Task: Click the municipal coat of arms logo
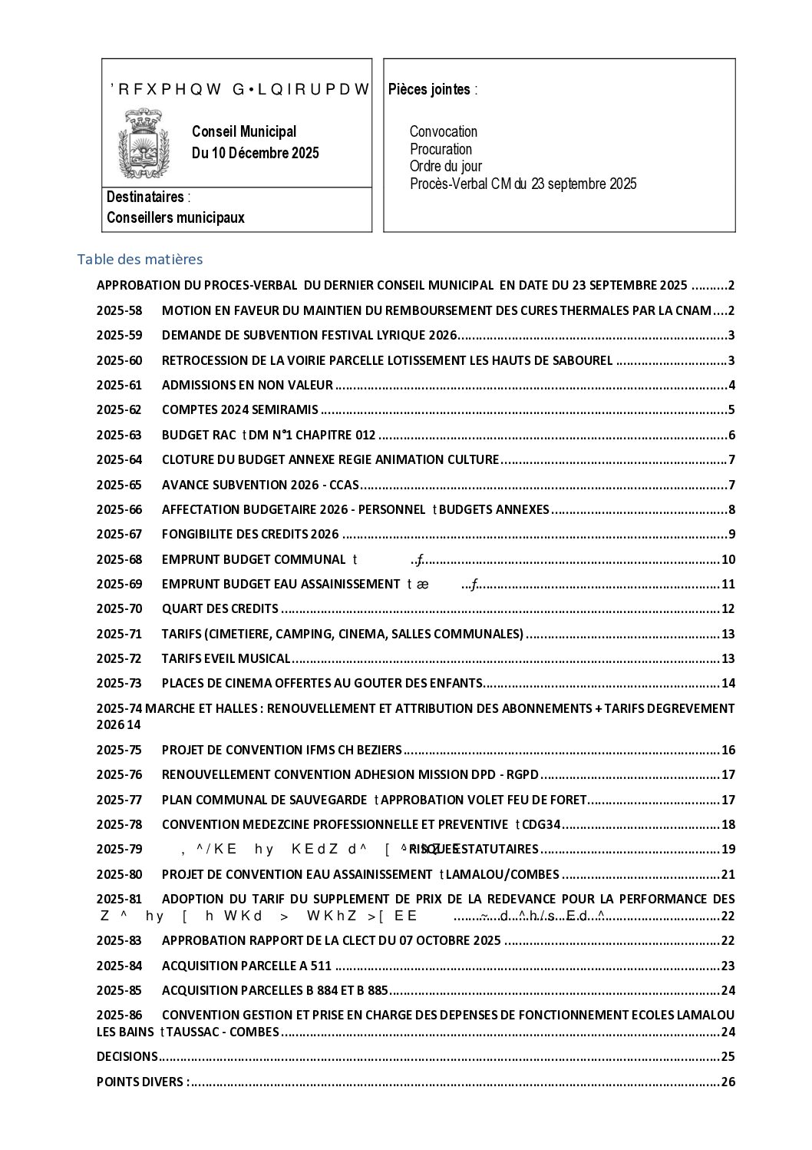[x=143, y=143]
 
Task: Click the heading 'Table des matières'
[x=140, y=260]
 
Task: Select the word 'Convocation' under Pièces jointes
[x=443, y=131]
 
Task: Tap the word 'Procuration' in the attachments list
[x=441, y=149]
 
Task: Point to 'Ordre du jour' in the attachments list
[x=445, y=166]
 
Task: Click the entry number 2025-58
[x=119, y=311]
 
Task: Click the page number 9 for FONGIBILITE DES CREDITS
[x=731, y=535]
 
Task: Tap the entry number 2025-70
[x=119, y=609]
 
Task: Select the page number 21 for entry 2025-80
[x=728, y=874]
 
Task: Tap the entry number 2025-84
[x=119, y=966]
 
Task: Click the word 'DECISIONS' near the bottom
[x=127, y=1056]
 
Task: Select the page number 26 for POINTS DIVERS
[x=728, y=1082]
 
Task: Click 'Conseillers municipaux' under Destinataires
[x=176, y=217]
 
